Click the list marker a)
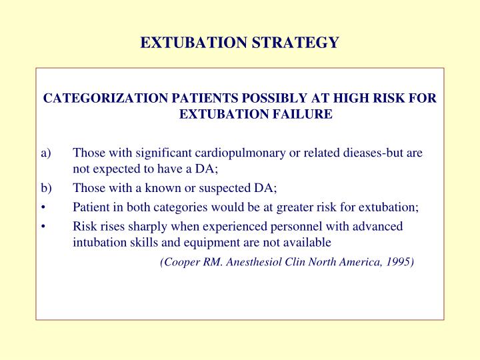[x=45, y=153]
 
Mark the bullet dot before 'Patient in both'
[x=43, y=207]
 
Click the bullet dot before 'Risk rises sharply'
[x=43, y=226]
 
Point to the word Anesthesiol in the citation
[x=256, y=262]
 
